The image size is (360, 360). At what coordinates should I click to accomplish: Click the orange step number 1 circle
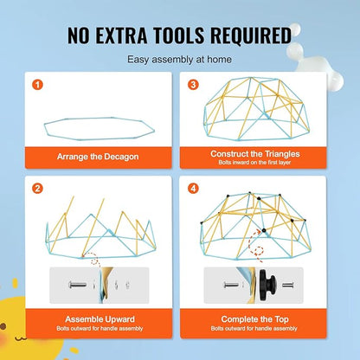[x=37, y=85]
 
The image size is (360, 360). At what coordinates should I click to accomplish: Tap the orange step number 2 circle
[x=37, y=189]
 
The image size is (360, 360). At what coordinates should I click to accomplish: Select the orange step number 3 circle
[x=193, y=85]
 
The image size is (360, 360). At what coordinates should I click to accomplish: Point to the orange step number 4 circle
[x=193, y=189]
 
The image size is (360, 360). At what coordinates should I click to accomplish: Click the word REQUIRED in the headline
[x=251, y=35]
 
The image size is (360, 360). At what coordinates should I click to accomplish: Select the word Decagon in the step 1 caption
[x=121, y=157]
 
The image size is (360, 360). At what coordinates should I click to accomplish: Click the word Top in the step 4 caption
[x=281, y=319]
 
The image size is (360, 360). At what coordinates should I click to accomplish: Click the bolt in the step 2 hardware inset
[x=78, y=285]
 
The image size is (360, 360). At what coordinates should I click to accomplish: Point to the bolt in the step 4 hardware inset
[x=231, y=285]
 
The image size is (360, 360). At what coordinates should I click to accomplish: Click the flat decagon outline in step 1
[x=45, y=127]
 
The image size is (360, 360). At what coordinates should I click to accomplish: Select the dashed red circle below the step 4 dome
[x=259, y=251]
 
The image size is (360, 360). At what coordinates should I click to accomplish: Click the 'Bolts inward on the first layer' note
[x=254, y=163]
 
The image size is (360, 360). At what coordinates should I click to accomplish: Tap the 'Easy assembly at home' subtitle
[x=179, y=60]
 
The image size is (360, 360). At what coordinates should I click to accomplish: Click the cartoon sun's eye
[x=3, y=326]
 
